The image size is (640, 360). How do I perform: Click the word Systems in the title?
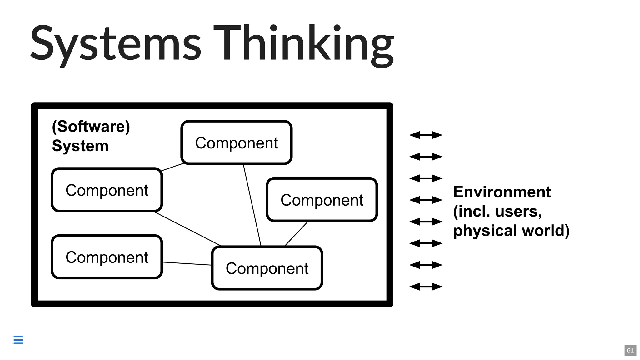click(x=116, y=44)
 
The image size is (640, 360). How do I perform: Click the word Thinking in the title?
click(x=303, y=44)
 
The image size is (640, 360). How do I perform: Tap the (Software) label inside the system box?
click(x=91, y=127)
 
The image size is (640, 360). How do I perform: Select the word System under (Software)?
click(x=80, y=146)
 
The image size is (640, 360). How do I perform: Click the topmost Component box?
click(x=237, y=142)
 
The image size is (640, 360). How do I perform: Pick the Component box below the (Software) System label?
click(x=107, y=190)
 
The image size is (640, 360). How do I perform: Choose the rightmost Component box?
click(x=322, y=200)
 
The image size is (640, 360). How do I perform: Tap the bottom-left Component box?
click(x=107, y=257)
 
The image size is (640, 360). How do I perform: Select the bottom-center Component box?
click(x=267, y=268)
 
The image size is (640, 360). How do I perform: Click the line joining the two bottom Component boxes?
click(x=187, y=263)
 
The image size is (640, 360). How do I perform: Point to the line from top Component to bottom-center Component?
click(x=252, y=205)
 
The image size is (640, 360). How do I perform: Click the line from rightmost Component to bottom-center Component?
click(x=296, y=234)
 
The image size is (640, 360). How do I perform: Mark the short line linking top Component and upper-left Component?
click(x=172, y=167)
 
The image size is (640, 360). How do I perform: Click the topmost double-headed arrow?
click(x=426, y=135)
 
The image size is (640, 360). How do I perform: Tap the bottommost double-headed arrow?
click(x=426, y=287)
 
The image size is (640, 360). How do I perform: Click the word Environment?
click(x=502, y=192)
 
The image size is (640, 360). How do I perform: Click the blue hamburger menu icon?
click(x=18, y=340)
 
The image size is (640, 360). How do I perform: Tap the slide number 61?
click(x=630, y=350)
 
